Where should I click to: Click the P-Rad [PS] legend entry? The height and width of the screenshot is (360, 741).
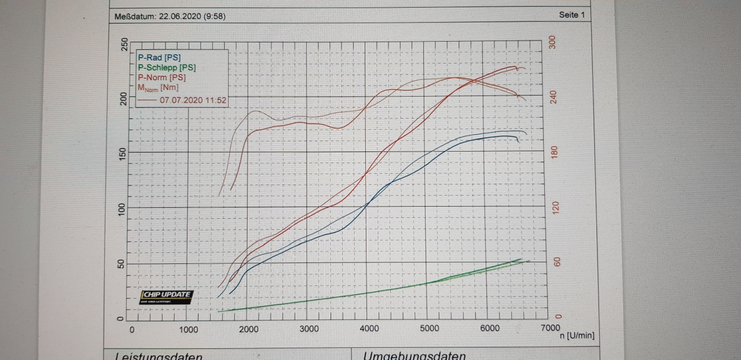[159, 58]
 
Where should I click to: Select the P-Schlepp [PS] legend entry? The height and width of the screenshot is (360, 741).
[167, 68]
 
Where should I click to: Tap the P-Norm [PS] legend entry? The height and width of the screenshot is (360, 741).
[162, 78]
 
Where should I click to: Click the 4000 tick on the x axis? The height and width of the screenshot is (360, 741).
[369, 329]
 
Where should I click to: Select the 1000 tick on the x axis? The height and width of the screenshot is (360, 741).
[189, 329]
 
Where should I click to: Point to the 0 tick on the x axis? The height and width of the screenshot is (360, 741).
[131, 329]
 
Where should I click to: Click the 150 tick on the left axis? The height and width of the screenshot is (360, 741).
[122, 152]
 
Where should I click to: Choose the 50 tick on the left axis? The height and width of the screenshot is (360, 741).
[122, 263]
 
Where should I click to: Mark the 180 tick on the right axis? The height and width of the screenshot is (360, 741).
[557, 152]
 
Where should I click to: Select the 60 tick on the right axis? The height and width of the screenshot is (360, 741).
[557, 262]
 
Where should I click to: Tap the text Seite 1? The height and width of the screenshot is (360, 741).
[572, 15]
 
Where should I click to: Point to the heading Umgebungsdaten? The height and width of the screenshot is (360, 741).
[414, 355]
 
